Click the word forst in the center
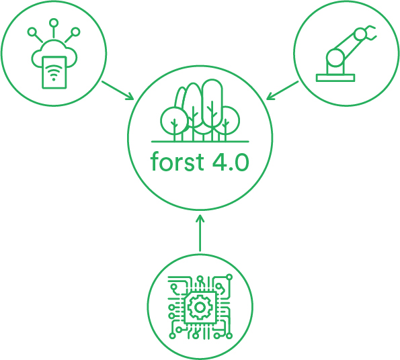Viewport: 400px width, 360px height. tap(177, 161)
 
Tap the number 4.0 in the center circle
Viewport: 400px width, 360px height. tap(231, 162)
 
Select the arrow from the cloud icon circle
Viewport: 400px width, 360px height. tap(118, 90)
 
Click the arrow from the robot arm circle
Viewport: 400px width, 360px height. tap(282, 90)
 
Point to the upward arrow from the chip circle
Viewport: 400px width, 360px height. tap(200, 233)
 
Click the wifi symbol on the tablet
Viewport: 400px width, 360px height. tap(54, 72)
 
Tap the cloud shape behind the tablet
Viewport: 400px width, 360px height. tap(54, 54)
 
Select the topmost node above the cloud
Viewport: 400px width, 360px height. tap(54, 23)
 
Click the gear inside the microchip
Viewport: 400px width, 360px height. tap(200, 307)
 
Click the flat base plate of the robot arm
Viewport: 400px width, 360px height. tap(335, 78)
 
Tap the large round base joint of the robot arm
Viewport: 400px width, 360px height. tap(335, 58)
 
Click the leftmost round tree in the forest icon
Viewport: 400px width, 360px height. tap(174, 121)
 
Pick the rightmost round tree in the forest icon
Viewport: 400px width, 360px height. tap(226, 121)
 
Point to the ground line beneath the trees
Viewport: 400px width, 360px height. tap(200, 142)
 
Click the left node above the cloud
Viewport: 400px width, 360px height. tap(32, 32)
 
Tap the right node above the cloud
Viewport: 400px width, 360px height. tap(75, 32)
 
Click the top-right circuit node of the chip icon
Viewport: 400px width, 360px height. tap(229, 277)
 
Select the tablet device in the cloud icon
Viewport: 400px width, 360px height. tap(54, 73)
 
